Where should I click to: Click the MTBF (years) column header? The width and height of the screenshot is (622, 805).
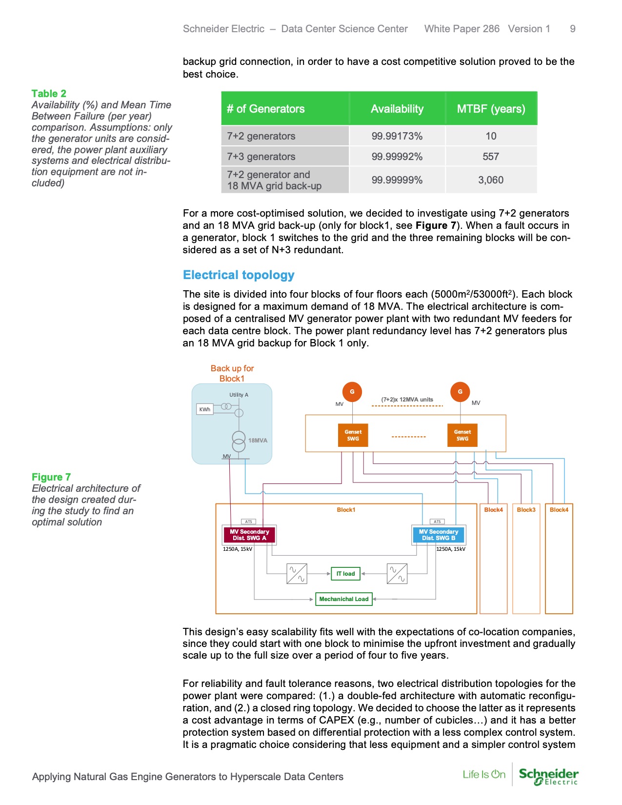[x=491, y=109]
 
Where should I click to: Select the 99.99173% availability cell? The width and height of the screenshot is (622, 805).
[x=397, y=136]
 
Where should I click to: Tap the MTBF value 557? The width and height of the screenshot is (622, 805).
[x=491, y=157]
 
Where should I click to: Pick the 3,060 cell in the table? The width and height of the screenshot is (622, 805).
[x=491, y=180]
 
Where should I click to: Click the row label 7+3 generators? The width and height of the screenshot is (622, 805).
[x=261, y=157]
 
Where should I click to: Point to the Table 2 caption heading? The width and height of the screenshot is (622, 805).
[x=49, y=94]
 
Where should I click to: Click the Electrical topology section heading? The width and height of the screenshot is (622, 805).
[x=239, y=275]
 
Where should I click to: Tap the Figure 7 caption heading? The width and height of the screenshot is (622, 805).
[x=51, y=477]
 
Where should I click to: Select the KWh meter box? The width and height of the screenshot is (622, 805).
[x=205, y=409]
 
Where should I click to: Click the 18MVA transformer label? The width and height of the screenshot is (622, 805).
[x=258, y=441]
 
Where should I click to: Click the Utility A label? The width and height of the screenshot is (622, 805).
[x=239, y=395]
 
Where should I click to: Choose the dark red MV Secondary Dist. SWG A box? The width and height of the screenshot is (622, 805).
[x=249, y=535]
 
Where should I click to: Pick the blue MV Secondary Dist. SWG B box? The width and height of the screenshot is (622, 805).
[x=439, y=535]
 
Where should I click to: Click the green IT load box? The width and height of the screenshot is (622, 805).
[x=345, y=574]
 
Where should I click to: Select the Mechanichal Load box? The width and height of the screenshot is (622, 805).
[x=344, y=599]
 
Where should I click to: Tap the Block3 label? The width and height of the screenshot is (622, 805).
[x=526, y=510]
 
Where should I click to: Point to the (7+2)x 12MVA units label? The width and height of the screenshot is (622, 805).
[x=407, y=400]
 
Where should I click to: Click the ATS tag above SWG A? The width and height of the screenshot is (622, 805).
[x=248, y=522]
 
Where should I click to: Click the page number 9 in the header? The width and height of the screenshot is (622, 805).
[x=572, y=29]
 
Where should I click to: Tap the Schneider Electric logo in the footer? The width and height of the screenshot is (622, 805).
[x=548, y=776]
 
